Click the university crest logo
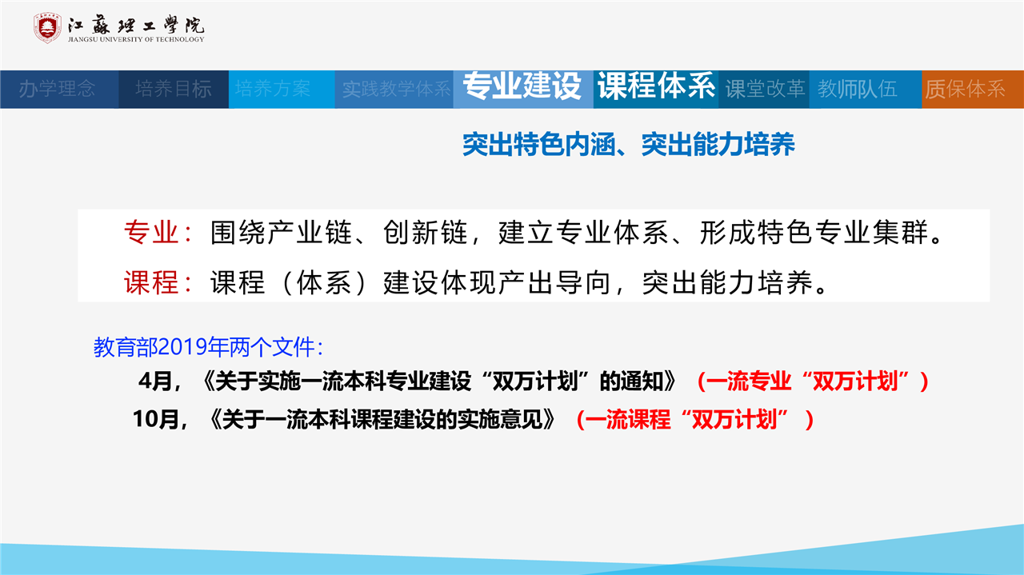pos(47,28)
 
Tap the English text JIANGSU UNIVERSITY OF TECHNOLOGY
pos(136,39)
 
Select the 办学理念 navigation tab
pos(57,89)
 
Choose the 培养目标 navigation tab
pos(174,89)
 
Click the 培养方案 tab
pos(273,89)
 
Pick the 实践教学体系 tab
pos(396,89)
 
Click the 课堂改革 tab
pos(765,89)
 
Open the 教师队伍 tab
pos(858,89)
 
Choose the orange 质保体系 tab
pos(966,89)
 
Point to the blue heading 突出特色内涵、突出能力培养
pos(629,145)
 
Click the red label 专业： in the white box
pos(158,232)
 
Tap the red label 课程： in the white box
pos(158,282)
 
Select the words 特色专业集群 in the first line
pos(842,232)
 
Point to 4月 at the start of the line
pos(156,381)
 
